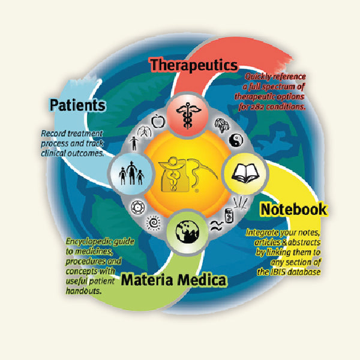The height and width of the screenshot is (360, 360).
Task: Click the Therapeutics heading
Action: click(x=194, y=65)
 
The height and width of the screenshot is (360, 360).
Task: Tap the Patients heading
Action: click(x=78, y=106)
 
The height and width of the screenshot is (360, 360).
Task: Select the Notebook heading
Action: click(x=293, y=209)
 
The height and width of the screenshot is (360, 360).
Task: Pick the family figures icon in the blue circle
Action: click(x=130, y=172)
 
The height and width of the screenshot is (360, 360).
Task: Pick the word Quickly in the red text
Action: click(x=260, y=76)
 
